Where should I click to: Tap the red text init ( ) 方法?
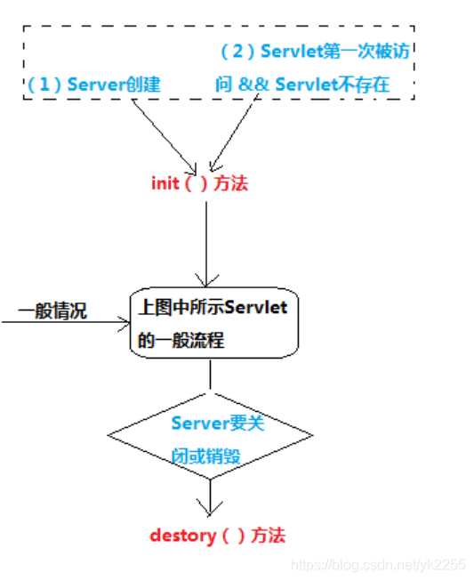[x=200, y=183]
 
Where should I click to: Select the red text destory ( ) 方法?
[x=218, y=536]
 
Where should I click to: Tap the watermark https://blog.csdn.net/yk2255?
[x=379, y=565]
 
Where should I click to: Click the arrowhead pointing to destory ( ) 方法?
[x=209, y=509]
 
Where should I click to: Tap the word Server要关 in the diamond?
[x=218, y=423]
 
